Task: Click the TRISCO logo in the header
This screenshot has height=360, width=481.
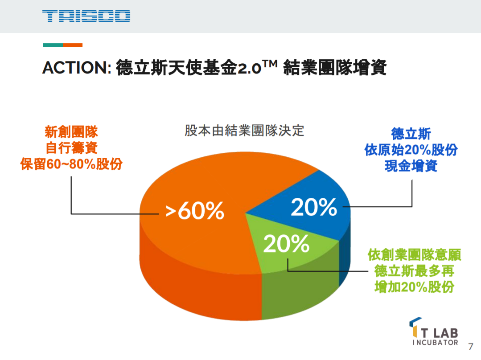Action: tap(86, 16)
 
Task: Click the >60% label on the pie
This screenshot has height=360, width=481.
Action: tap(195, 211)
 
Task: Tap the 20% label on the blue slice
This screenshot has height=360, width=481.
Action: tap(314, 207)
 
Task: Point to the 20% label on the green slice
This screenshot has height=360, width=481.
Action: tap(286, 243)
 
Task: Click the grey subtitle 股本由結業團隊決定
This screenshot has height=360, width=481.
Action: tap(244, 131)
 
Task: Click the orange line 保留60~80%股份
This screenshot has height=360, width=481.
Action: tap(71, 164)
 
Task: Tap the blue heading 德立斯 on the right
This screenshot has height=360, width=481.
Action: tap(411, 133)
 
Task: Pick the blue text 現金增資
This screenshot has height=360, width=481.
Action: tap(411, 166)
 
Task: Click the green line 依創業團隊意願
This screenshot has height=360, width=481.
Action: tap(414, 255)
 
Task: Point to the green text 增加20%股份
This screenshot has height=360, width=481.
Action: tap(414, 287)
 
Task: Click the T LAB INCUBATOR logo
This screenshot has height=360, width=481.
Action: tap(435, 332)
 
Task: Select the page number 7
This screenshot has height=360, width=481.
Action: tap(470, 346)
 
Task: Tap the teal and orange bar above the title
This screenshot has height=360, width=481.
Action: tap(62, 45)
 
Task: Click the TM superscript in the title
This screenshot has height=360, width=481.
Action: tap(270, 64)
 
